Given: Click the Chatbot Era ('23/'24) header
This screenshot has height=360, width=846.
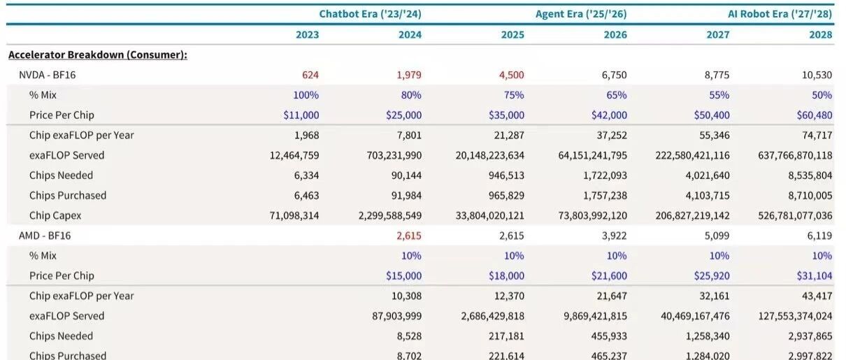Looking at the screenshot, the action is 370,14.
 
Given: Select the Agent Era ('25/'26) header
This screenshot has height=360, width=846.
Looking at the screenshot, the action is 581,14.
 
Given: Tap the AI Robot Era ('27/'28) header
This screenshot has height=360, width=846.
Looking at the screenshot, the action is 780,14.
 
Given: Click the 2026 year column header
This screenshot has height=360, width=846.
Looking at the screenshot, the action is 615,35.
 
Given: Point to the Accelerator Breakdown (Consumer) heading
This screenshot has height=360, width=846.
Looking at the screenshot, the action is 98,55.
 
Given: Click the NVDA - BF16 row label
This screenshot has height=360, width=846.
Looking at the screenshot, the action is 48,75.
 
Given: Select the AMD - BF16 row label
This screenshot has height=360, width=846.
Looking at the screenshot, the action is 45,236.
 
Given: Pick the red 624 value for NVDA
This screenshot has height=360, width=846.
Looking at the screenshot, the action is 310,75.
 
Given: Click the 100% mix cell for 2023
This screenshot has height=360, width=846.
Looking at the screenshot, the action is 306,95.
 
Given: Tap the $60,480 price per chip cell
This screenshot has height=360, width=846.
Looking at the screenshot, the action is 815,115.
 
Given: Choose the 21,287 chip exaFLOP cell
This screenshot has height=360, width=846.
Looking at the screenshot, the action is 509,135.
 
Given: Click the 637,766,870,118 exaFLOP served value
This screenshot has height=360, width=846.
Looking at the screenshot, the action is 795,155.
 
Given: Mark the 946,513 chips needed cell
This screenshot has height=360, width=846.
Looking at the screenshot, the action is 506,175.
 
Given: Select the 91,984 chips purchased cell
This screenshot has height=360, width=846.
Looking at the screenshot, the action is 406,195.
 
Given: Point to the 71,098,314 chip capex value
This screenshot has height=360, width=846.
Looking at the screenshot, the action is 294,215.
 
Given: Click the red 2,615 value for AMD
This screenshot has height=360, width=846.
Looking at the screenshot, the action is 408,236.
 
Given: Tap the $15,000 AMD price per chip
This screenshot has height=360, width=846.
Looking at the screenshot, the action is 403,275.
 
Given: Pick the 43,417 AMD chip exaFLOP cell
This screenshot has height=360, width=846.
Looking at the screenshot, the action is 817,296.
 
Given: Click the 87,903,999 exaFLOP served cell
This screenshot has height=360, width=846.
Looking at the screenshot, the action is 397,316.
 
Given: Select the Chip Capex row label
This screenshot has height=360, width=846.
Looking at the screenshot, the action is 55,215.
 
